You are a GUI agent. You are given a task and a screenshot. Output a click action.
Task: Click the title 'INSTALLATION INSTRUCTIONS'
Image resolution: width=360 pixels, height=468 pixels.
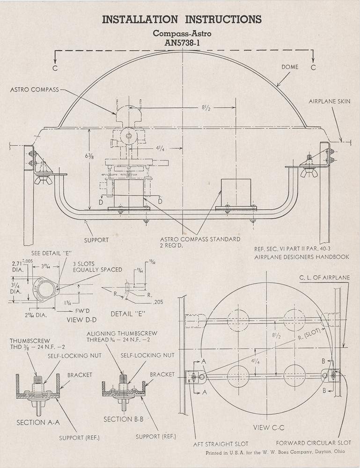[x=182, y=19]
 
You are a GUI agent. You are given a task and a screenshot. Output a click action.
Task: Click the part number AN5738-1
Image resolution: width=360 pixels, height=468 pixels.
[x=182, y=43]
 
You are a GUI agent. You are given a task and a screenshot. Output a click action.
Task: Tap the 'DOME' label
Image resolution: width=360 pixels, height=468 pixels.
[x=290, y=67]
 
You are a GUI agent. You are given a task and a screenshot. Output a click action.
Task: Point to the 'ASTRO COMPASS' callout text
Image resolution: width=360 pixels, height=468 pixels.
[x=34, y=89]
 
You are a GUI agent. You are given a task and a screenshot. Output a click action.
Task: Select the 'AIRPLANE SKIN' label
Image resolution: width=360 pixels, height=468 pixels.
[x=329, y=101]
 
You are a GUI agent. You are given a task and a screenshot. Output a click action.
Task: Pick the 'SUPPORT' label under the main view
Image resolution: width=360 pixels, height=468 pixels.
[x=96, y=240]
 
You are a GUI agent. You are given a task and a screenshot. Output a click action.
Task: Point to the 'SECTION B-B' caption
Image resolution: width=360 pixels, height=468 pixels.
[x=123, y=419]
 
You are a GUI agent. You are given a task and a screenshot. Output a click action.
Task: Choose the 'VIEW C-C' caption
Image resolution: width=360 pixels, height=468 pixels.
[x=267, y=427]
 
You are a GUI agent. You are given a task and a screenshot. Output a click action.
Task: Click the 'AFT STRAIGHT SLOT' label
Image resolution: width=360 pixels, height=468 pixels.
[x=221, y=443]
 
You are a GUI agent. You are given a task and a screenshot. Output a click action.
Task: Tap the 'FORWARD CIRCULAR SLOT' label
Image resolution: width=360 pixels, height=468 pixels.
[x=314, y=443]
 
